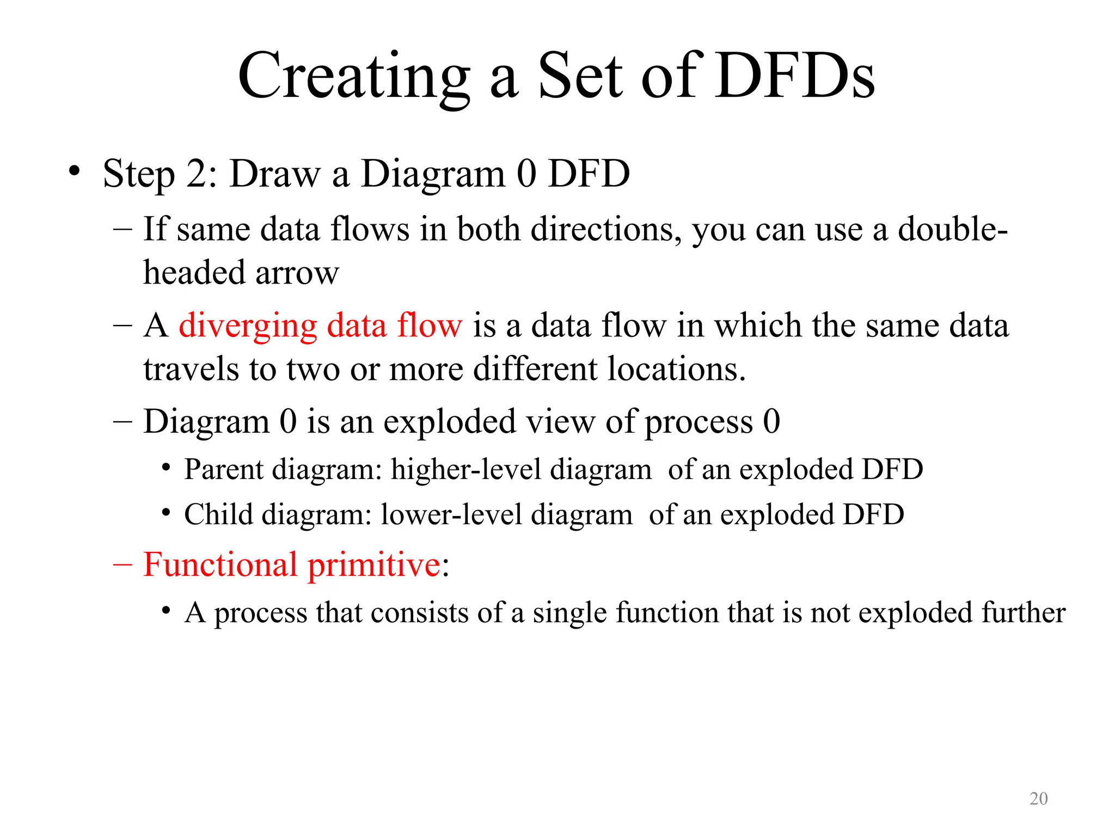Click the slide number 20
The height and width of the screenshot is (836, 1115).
(1038, 798)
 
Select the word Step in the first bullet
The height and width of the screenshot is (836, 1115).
(139, 174)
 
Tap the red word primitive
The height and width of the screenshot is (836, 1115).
(374, 564)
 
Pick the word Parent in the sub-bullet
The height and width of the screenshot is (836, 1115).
(224, 469)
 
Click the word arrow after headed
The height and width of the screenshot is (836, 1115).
(297, 273)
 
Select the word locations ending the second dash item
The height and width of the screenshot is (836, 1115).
(676, 370)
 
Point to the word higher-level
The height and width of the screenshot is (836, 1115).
(466, 469)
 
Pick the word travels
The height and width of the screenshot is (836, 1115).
(191, 370)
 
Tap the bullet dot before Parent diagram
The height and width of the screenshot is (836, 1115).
(166, 467)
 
